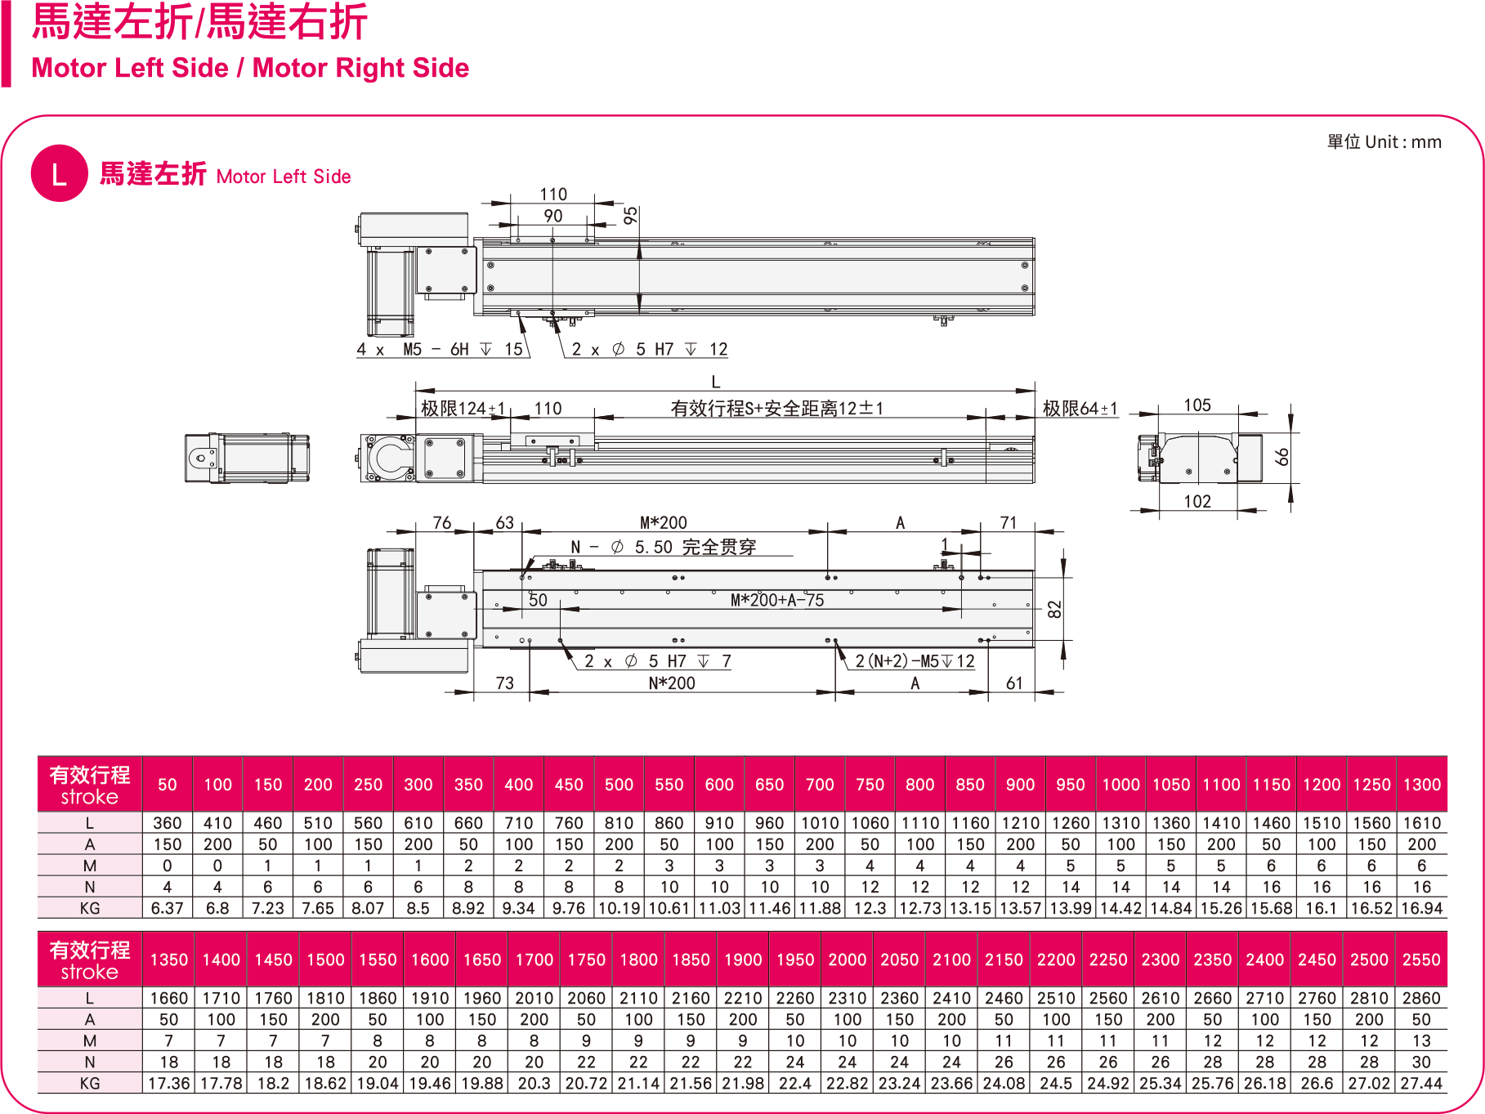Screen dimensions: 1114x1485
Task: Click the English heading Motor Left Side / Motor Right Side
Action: click(x=250, y=68)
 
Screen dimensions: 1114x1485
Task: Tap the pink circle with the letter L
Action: click(x=59, y=173)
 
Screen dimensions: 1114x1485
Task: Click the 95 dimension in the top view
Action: click(x=631, y=216)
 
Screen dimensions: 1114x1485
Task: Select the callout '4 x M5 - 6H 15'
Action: click(x=440, y=350)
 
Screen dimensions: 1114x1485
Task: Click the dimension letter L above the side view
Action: click(x=716, y=382)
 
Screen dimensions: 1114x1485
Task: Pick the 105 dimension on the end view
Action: click(x=1197, y=405)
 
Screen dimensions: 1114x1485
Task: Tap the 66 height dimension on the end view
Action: click(x=1282, y=456)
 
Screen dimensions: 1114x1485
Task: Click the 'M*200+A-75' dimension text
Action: click(x=776, y=601)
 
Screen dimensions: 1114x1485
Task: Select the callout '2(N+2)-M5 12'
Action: click(x=915, y=661)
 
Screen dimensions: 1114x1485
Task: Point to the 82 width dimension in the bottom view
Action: click(x=1054, y=609)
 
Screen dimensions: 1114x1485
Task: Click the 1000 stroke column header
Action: click(x=1120, y=785)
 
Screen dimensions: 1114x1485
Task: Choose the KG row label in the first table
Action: click(x=90, y=908)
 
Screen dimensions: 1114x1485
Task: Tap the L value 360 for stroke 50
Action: click(x=168, y=823)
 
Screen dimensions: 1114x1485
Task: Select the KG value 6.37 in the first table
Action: click(x=168, y=908)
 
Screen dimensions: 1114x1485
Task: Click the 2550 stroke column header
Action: click(x=1421, y=960)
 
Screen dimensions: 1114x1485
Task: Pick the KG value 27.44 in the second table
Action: click(x=1421, y=1083)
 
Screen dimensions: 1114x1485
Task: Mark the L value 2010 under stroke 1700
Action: click(x=535, y=998)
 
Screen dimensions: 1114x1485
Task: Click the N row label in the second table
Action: click(x=90, y=1062)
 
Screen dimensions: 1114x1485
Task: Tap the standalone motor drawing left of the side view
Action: click(x=247, y=459)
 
